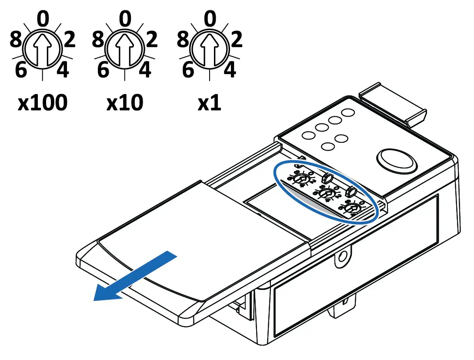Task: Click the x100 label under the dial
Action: [x=43, y=103]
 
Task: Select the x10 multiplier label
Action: [x=125, y=103]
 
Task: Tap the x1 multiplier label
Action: [x=210, y=103]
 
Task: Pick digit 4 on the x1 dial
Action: [x=230, y=70]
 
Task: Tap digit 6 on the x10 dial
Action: [x=103, y=70]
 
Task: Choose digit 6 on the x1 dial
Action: [x=188, y=70]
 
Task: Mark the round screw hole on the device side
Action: [x=343, y=254]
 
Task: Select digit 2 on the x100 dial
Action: [x=68, y=40]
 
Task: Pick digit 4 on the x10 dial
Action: [x=146, y=70]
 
